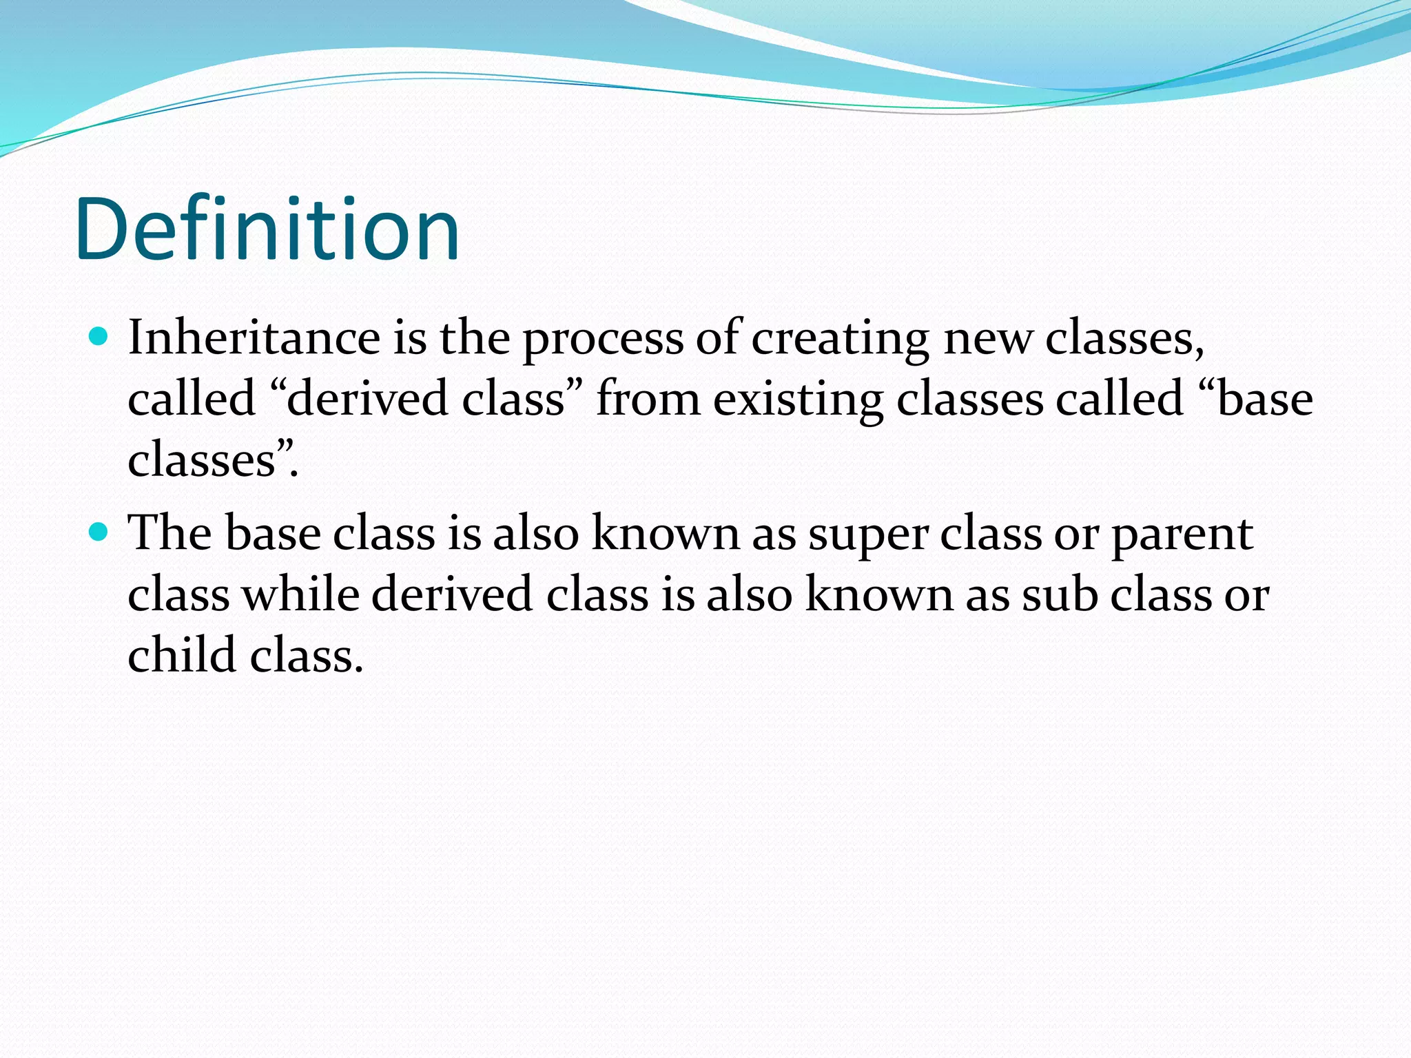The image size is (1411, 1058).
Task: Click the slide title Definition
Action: (267, 229)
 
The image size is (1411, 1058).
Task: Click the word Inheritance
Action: (254, 338)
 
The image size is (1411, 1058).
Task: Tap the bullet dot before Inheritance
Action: (99, 337)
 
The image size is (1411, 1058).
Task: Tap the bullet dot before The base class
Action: (99, 532)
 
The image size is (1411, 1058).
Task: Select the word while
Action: (300, 594)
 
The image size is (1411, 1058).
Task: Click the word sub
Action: (1059, 594)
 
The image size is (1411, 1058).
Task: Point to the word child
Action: (183, 654)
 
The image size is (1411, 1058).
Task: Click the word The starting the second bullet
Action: (169, 533)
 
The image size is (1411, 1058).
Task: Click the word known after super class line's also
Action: (666, 533)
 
